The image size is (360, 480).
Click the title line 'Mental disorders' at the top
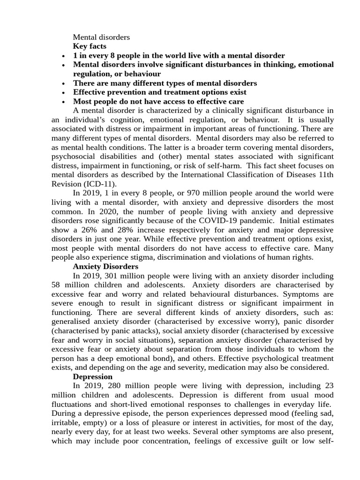click(101, 37)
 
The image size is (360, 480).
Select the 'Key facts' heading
click(90, 46)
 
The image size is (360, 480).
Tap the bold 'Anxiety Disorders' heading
click(105, 266)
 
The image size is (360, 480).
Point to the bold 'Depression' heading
click(93, 376)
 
